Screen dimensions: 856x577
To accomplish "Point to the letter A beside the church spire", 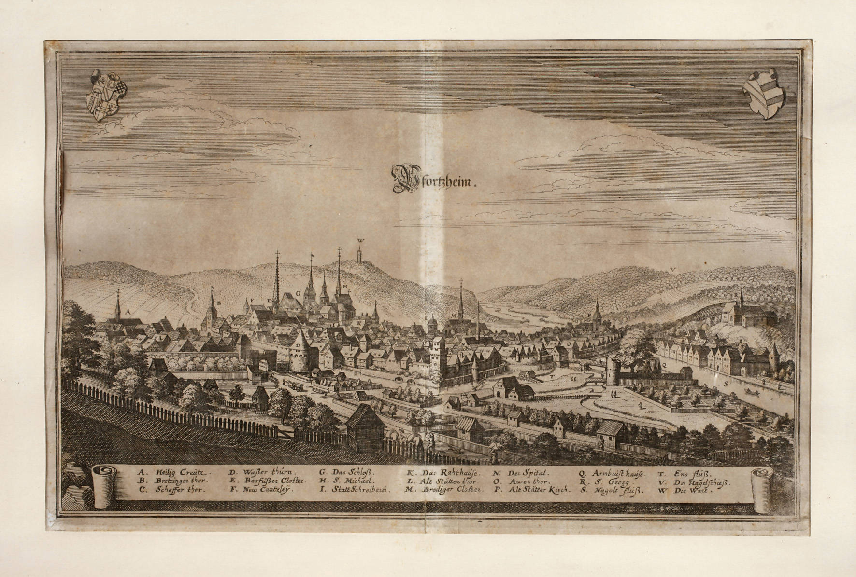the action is (x=128, y=312).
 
